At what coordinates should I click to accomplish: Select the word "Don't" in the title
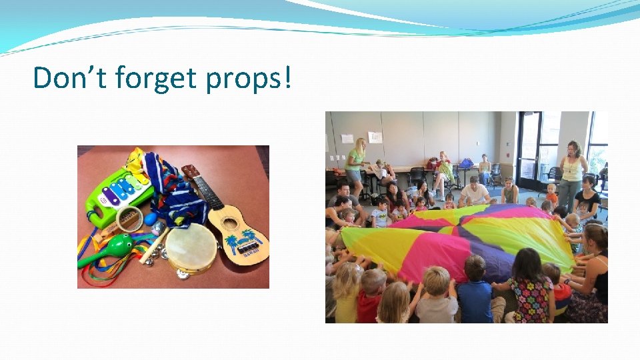click(x=71, y=78)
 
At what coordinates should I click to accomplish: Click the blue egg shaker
click(x=151, y=218)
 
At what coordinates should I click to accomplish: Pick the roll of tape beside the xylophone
click(x=129, y=218)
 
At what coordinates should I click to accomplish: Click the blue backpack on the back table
click(x=466, y=163)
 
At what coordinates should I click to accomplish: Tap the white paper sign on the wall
click(x=375, y=137)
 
